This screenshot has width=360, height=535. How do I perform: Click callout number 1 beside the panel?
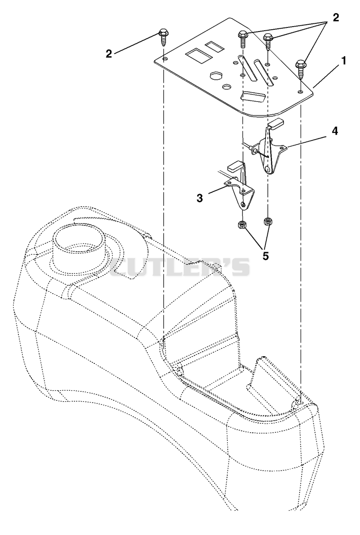point(344,61)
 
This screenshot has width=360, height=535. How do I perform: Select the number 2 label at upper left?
point(109,54)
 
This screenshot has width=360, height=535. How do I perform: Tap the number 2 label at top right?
point(336,18)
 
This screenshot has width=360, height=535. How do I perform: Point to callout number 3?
point(200,198)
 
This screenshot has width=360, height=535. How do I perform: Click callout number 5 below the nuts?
point(265,256)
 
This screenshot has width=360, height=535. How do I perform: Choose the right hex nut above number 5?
point(267,222)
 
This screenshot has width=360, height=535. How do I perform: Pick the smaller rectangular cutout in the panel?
point(213,47)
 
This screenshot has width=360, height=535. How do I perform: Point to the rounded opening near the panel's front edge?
point(253,96)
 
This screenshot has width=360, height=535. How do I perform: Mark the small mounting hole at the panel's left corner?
point(165,59)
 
